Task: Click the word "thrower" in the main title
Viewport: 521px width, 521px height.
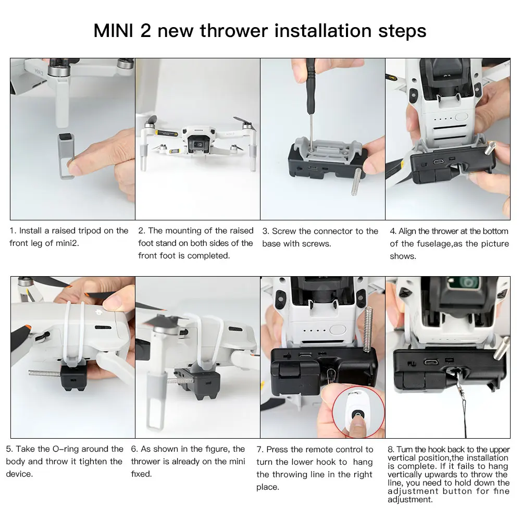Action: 233,31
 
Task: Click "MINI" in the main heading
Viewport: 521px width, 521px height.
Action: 113,31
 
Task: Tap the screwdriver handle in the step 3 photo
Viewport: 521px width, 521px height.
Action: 311,76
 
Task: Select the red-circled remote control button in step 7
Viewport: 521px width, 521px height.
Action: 358,415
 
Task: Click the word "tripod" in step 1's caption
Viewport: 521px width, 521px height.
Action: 90,231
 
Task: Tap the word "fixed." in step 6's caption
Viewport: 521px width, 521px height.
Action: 141,474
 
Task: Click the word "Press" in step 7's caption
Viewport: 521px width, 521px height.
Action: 278,449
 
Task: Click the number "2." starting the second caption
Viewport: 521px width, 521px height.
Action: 142,231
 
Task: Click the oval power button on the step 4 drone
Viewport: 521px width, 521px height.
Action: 461,117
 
